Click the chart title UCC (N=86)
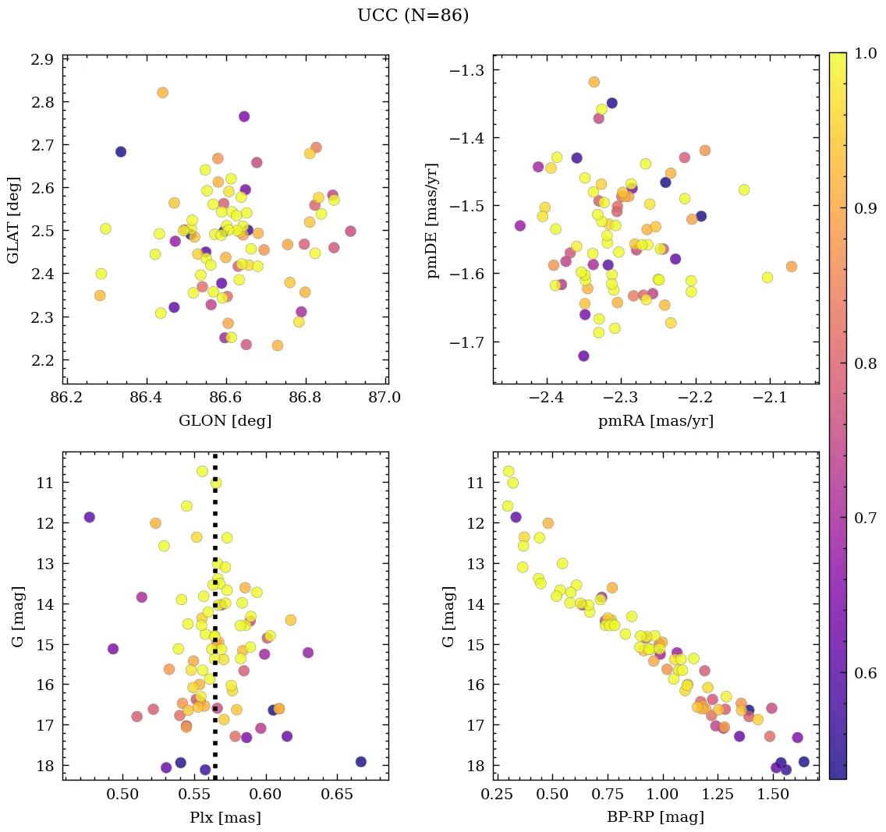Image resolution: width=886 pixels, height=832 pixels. tap(413, 16)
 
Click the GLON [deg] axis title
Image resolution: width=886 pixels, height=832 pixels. tap(225, 421)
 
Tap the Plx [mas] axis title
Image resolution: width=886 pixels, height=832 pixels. tap(225, 818)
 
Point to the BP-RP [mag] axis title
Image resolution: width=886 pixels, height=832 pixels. tap(655, 818)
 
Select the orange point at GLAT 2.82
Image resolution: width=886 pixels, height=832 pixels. tap(162, 93)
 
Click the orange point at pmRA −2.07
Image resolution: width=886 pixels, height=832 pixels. tap(792, 267)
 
